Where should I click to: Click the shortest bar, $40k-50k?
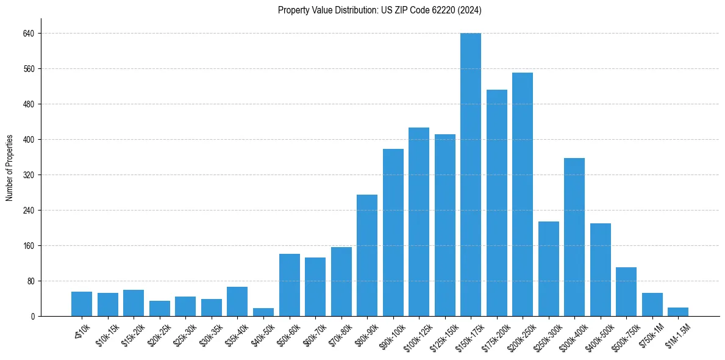[x=263, y=312]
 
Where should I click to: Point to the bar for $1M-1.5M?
[x=678, y=312]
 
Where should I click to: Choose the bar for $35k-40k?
[x=237, y=301]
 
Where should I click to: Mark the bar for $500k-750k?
[x=626, y=292]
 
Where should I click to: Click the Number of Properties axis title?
[x=9, y=168]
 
